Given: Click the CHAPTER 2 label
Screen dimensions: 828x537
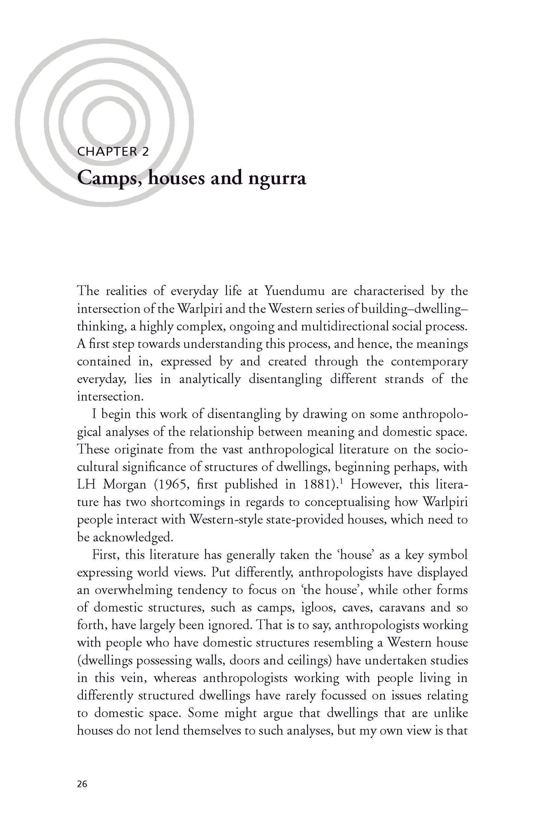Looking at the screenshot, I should (113, 152).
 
